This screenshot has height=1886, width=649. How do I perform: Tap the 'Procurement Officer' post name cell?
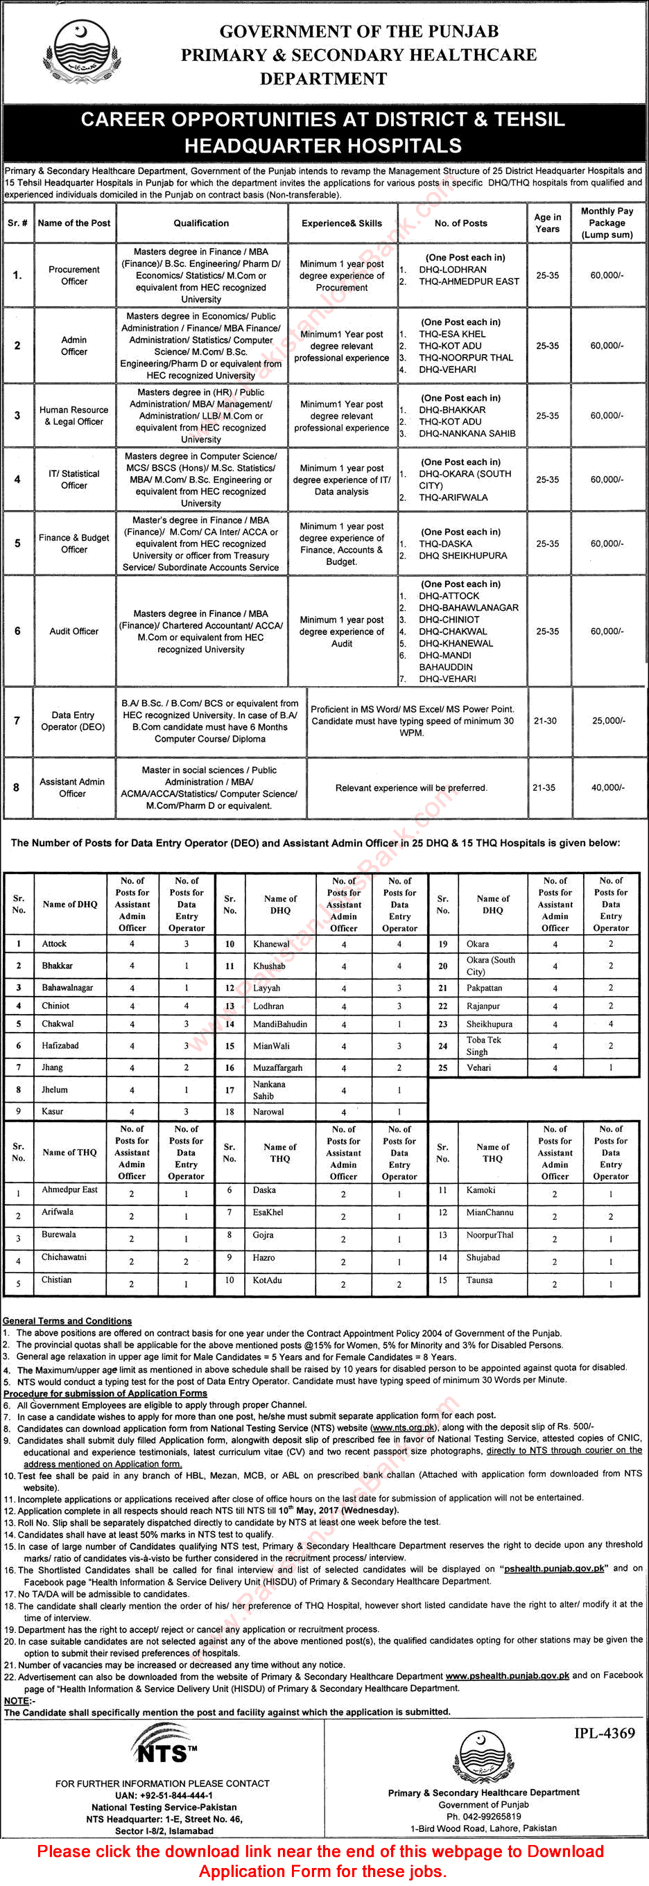pyautogui.click(x=74, y=275)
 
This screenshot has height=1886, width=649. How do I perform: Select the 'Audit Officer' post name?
pyautogui.click(x=74, y=631)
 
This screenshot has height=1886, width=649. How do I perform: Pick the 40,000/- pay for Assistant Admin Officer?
pyautogui.click(x=608, y=788)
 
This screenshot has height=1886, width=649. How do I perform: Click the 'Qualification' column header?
pyautogui.click(x=202, y=223)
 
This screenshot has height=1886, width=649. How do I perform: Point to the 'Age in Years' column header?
pyautogui.click(x=547, y=223)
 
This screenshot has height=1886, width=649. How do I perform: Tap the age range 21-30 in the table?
pyautogui.click(x=545, y=720)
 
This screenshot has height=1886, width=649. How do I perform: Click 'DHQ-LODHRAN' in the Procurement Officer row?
pyautogui.click(x=452, y=270)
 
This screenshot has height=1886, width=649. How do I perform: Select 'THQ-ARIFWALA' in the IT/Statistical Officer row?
pyautogui.click(x=453, y=497)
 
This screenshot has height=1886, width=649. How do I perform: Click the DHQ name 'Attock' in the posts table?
pyautogui.click(x=54, y=944)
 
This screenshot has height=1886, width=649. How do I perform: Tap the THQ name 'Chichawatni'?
pyautogui.click(x=64, y=1257)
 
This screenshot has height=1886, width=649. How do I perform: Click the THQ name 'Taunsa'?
pyautogui.click(x=480, y=1280)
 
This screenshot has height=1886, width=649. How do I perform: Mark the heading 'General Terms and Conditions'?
pyautogui.click(x=67, y=1321)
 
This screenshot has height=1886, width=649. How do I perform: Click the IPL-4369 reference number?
pyautogui.click(x=605, y=1734)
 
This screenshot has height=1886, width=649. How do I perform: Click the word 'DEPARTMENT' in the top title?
pyautogui.click(x=323, y=78)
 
